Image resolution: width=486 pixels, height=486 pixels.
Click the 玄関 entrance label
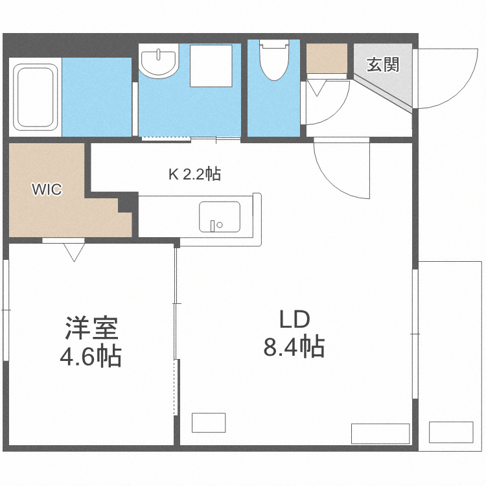pos(382,65)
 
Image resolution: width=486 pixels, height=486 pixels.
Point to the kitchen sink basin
pos(219,216)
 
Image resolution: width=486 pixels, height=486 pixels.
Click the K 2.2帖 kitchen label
pos(194,174)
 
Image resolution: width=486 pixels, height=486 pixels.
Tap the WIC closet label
pos(47,190)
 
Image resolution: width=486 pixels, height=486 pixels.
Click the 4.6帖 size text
pos(91,356)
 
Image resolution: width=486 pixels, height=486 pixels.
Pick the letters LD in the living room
pos(295,319)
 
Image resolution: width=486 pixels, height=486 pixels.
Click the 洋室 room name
pos(91,329)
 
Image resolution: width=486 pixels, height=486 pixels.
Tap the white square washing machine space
pos(211,65)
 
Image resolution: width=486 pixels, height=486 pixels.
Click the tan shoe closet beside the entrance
pos(328,58)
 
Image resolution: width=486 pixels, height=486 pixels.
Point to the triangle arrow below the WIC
pos(73,251)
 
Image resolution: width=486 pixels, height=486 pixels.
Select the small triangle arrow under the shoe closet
pos(317,87)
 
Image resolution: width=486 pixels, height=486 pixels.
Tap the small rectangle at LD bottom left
pos(209,422)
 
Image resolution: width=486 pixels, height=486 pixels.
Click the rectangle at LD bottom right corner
pos(380,433)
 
